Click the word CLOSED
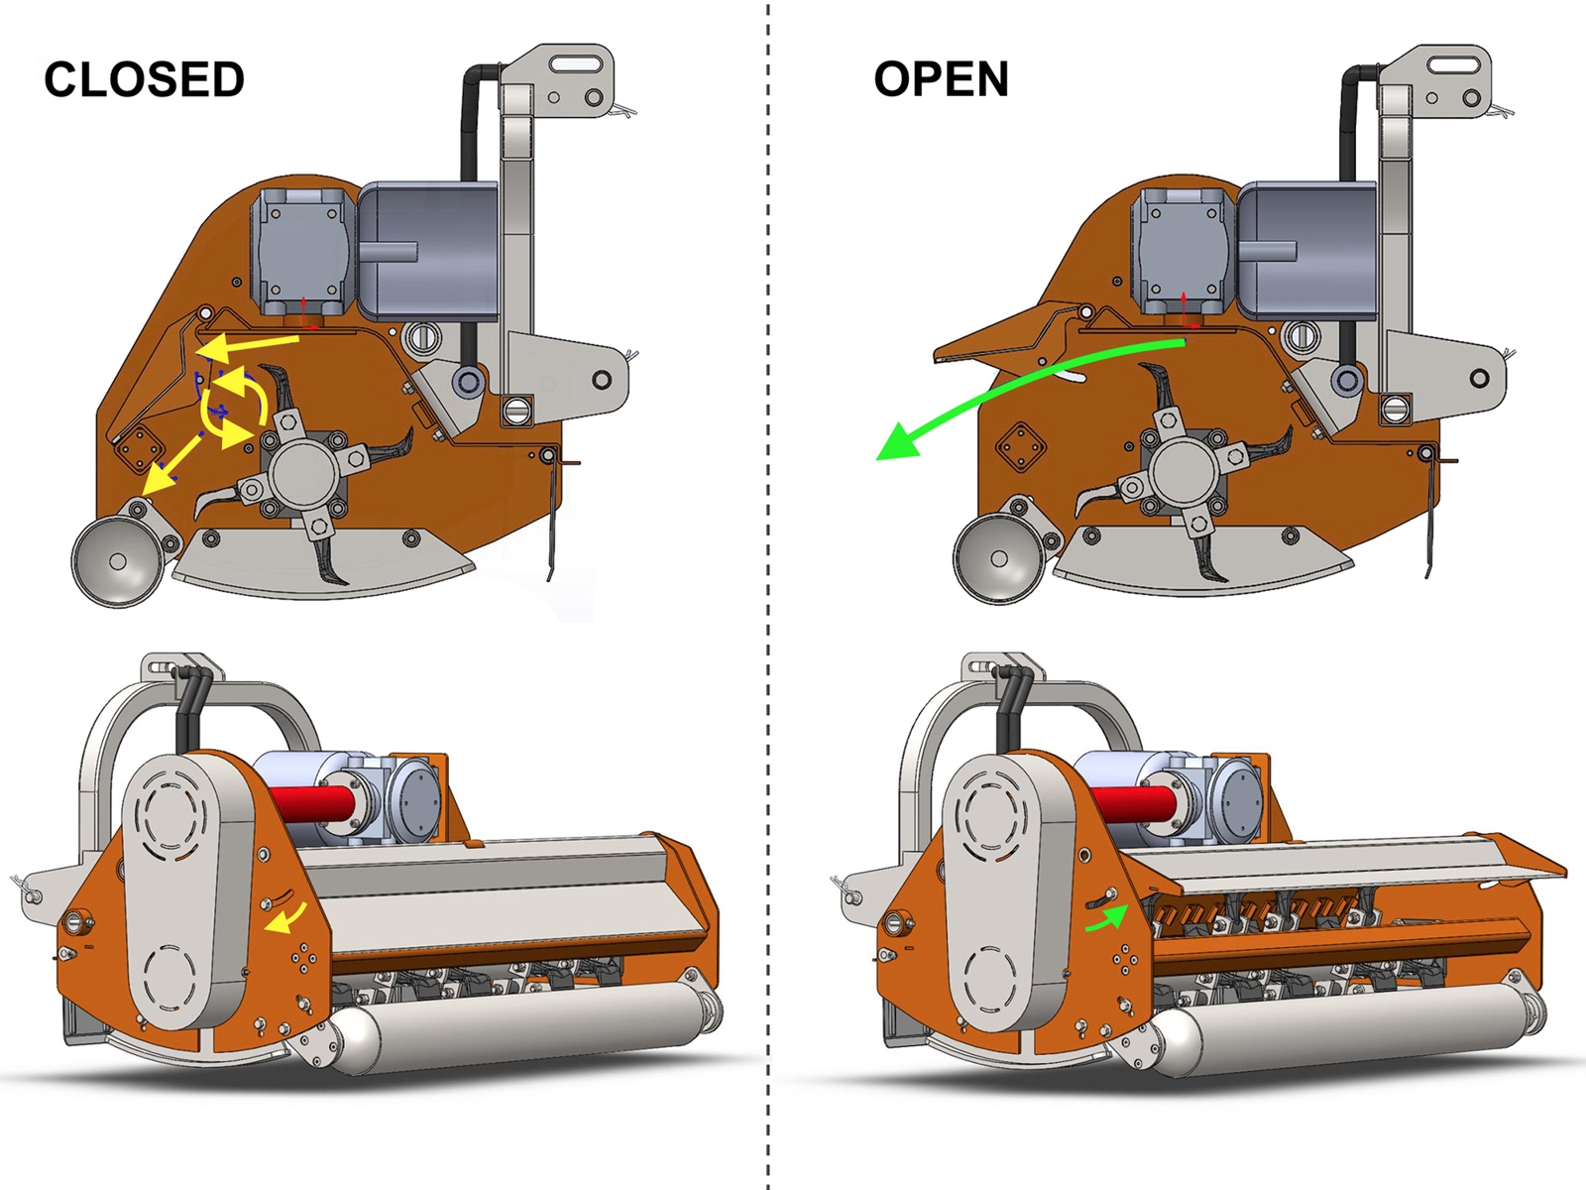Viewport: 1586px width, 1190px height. point(144,79)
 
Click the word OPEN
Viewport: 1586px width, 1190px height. point(941,79)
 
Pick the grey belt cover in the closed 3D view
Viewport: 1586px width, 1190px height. point(183,892)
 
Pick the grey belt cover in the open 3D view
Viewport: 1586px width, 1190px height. point(1006,892)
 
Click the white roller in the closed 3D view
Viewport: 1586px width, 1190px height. point(515,1026)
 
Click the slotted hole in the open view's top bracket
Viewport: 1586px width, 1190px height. point(1457,64)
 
